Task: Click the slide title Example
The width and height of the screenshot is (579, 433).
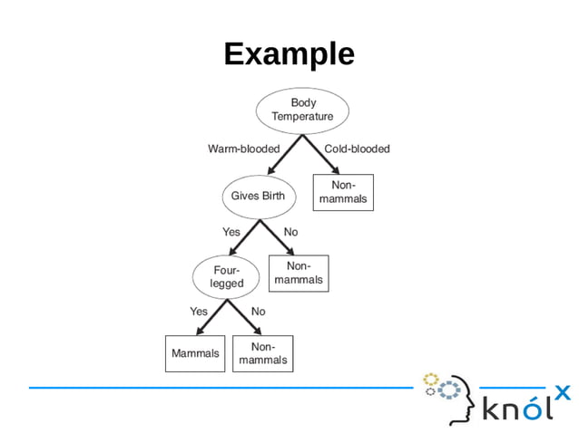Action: click(x=289, y=54)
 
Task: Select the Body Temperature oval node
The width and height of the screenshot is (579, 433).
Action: click(x=302, y=110)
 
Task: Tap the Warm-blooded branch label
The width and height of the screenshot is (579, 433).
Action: click(x=243, y=149)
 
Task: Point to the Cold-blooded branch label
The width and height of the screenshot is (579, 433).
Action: click(x=357, y=149)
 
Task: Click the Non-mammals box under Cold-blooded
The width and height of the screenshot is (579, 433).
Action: click(x=343, y=192)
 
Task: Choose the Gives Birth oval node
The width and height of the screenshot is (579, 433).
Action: click(x=258, y=196)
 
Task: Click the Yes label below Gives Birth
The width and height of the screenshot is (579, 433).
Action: click(x=231, y=232)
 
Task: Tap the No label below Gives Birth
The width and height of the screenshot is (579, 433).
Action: click(x=290, y=232)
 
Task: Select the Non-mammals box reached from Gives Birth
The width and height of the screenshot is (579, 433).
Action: click(x=299, y=273)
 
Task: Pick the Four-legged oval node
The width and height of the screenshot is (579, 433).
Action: click(x=227, y=276)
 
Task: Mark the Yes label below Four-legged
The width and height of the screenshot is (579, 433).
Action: click(x=199, y=312)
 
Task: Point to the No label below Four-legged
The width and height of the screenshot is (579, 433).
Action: click(x=258, y=312)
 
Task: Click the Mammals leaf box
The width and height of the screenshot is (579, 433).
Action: click(x=195, y=353)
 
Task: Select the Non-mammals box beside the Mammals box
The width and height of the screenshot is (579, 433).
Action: click(x=263, y=353)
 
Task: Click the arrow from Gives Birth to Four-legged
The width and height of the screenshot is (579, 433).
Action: click(x=245, y=237)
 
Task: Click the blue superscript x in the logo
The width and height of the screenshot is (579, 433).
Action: click(x=563, y=392)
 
